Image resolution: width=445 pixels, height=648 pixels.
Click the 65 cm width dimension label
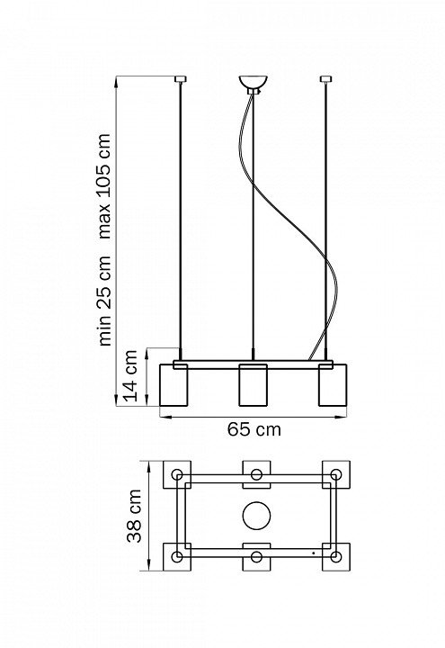[x=254, y=429]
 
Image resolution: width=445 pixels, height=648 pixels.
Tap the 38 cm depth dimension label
[x=134, y=516]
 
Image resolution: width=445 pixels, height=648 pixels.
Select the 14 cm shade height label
[x=131, y=375]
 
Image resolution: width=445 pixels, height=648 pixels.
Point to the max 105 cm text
[x=104, y=186]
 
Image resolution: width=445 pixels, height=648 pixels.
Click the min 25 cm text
[x=104, y=301]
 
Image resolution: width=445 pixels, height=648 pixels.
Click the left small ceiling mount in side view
[x=181, y=78]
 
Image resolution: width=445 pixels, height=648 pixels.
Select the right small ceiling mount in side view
[x=326, y=78]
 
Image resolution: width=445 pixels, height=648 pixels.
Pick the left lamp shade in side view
[x=174, y=385]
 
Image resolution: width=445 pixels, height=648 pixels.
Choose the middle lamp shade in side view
[x=253, y=385]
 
